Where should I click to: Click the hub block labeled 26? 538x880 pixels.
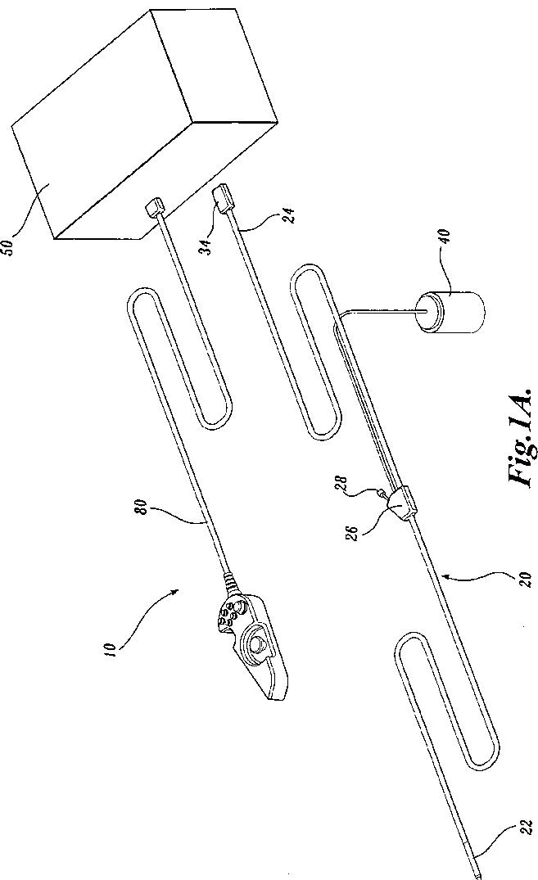tap(400, 505)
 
